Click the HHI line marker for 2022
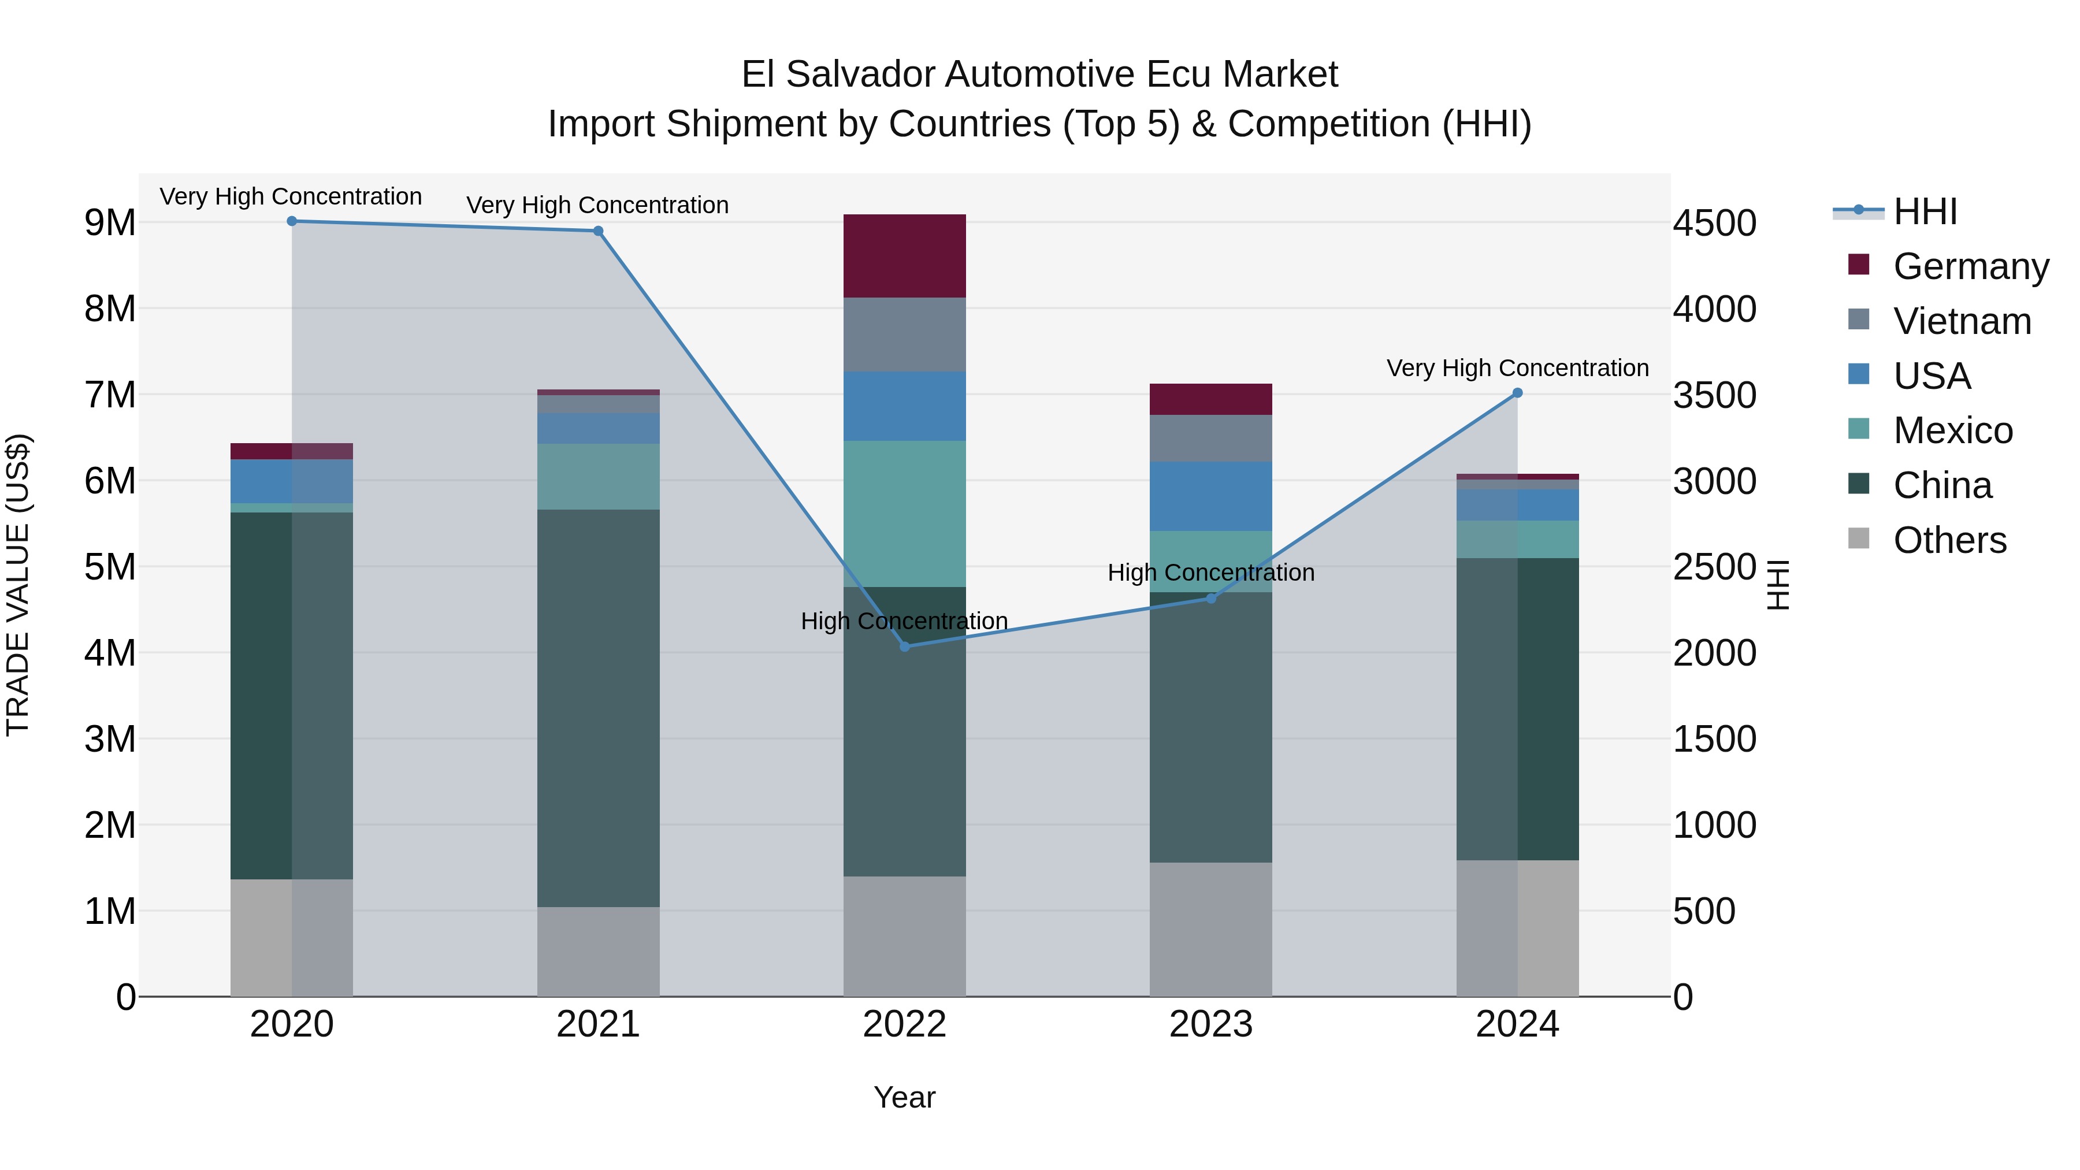[x=904, y=647]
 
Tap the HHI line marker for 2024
[x=1517, y=393]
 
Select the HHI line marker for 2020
[x=292, y=221]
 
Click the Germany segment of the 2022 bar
[x=904, y=256]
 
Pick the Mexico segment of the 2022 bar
[x=904, y=514]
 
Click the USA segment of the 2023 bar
[x=1210, y=496]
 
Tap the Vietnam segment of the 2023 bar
[x=1210, y=439]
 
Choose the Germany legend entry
[x=1970, y=266]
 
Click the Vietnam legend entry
[x=1962, y=321]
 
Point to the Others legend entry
[x=1949, y=540]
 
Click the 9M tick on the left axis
[x=110, y=223]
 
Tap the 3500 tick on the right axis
[x=1714, y=396]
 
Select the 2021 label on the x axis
[x=599, y=1024]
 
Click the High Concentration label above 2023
[x=1210, y=573]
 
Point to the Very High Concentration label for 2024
[x=1517, y=368]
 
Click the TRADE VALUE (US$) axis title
[x=18, y=585]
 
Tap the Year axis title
[x=904, y=1097]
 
